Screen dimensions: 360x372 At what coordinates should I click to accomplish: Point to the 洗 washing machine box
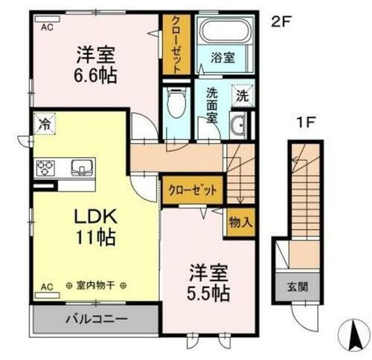coord(243,96)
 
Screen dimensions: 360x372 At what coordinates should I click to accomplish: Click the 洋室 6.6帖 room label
coord(97,64)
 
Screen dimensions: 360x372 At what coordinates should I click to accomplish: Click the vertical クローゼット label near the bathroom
coord(176,45)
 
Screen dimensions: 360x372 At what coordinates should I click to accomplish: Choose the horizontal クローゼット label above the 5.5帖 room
coord(191,190)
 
